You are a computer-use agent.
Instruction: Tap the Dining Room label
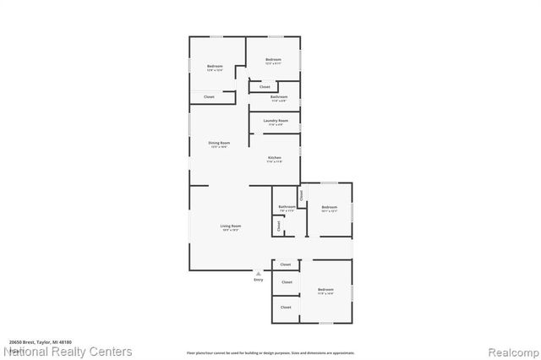pos(220,143)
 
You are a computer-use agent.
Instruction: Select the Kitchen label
pos(275,158)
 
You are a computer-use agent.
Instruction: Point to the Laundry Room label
pos(276,121)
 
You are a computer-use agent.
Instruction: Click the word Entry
pos(258,280)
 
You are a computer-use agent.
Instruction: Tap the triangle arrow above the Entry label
pos(258,273)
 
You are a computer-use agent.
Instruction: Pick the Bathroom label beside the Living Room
pos(287,206)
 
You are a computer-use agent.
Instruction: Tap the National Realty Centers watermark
pos(68,351)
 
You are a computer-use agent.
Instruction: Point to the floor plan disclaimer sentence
pos(270,353)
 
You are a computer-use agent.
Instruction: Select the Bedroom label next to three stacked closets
pos(326,290)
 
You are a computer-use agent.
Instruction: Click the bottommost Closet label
pos(287,308)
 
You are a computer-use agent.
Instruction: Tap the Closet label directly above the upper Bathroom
pos(265,86)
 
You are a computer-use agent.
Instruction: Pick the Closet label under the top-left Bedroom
pos(209,97)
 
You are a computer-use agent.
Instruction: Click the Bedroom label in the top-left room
pos(216,66)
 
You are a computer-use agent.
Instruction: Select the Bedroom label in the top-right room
pos(273,59)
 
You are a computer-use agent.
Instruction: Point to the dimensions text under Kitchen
pos(275,163)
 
